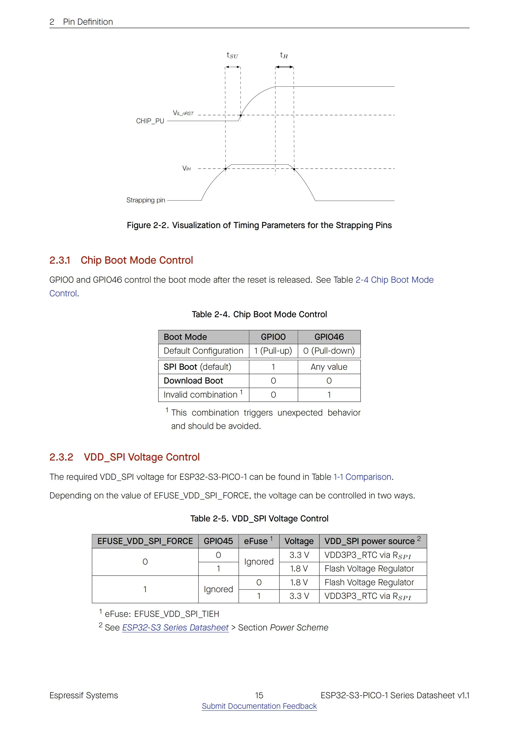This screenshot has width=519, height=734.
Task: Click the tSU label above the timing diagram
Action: [x=233, y=56]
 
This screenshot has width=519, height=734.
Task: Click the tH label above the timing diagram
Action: [x=284, y=56]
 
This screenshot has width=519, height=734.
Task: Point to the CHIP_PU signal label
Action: [x=150, y=121]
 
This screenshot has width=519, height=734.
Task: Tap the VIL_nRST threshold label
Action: [x=183, y=113]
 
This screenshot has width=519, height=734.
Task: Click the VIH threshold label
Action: [x=186, y=168]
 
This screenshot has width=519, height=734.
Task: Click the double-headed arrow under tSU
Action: [x=233, y=67]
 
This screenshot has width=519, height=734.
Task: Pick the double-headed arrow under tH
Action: [x=284, y=67]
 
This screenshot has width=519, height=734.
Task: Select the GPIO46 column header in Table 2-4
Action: [x=329, y=337]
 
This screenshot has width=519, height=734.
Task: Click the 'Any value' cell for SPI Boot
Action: [x=329, y=367]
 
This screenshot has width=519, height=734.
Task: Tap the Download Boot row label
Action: [x=193, y=381]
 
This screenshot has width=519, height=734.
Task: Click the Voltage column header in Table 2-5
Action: [x=299, y=541]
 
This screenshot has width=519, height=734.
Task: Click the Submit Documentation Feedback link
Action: [x=259, y=706]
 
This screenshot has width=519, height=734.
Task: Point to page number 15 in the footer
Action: [x=259, y=695]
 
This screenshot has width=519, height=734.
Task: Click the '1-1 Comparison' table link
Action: [x=362, y=477]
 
